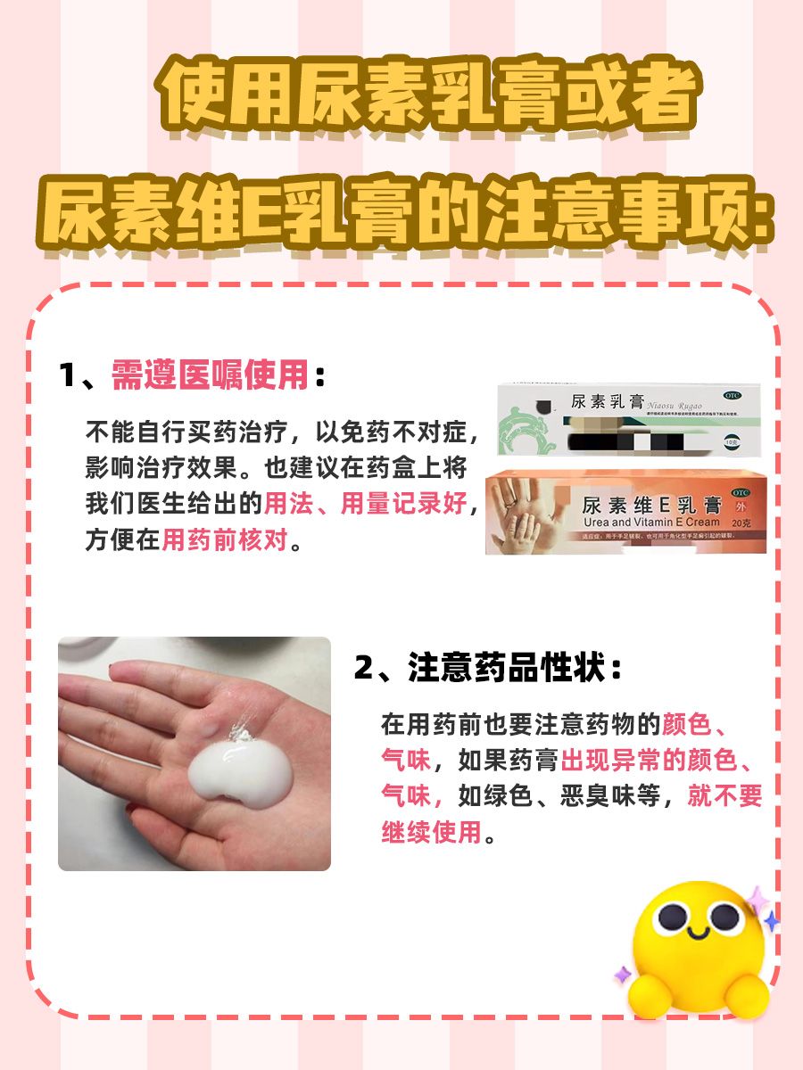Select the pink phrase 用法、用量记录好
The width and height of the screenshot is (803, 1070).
pos(365,505)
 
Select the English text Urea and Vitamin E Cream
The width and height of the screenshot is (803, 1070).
pos(650,522)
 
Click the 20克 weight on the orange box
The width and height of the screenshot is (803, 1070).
pos(741,523)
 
